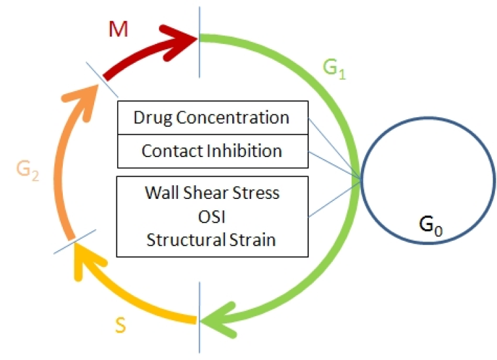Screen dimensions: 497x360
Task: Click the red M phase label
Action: click(x=118, y=29)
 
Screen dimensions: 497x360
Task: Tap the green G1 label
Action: click(x=334, y=69)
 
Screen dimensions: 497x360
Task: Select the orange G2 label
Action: click(x=27, y=170)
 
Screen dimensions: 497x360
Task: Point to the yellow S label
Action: click(x=120, y=325)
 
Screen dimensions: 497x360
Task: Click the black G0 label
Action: click(x=431, y=226)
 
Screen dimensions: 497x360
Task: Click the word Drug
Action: click(x=153, y=118)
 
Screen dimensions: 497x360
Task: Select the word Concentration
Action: click(x=233, y=117)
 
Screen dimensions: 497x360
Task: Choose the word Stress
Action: click(x=256, y=192)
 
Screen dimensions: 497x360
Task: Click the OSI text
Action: click(x=212, y=217)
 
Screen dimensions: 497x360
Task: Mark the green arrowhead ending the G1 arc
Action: click(x=218, y=320)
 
